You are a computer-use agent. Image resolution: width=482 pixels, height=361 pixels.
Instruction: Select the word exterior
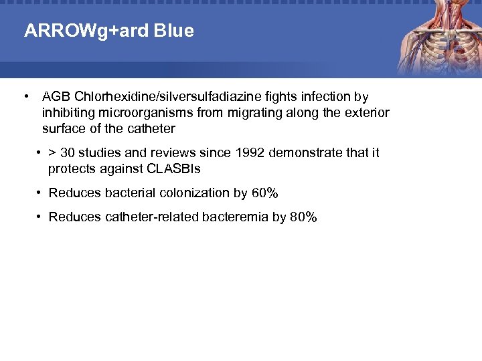367,112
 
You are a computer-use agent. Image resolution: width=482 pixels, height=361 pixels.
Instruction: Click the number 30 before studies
68,153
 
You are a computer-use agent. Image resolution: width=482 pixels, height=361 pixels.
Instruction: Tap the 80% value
303,217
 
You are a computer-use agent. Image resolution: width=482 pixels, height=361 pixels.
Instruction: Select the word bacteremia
234,217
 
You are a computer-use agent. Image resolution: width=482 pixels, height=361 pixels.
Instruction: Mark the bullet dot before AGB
25,97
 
